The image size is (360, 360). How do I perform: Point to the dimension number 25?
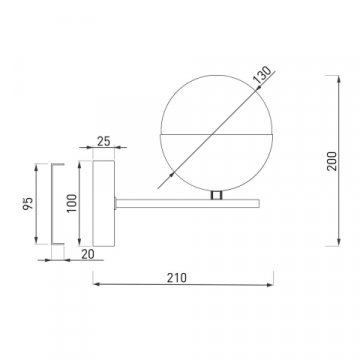click(x=102, y=141)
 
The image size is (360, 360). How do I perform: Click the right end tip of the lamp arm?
click(x=262, y=201)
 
